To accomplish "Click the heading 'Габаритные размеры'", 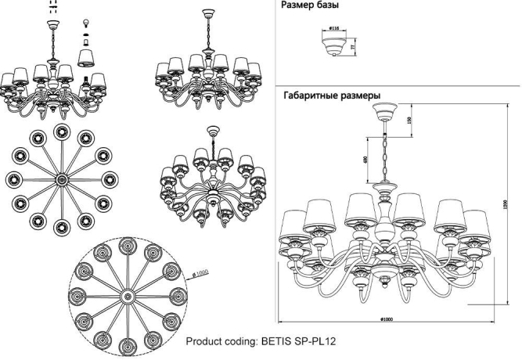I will (x=331, y=95).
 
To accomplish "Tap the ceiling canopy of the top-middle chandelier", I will (x=207, y=14).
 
